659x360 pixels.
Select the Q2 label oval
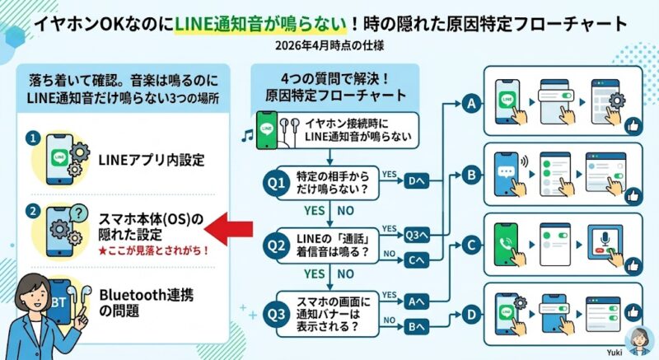click(278, 245)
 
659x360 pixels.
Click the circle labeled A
click(472, 104)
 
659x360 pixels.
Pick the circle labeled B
click(472, 175)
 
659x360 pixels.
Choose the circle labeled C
click(472, 245)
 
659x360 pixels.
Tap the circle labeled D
click(472, 314)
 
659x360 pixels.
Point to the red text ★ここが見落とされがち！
click(152, 250)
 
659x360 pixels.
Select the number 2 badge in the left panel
click(31, 210)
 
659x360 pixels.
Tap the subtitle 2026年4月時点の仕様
click(329, 47)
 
